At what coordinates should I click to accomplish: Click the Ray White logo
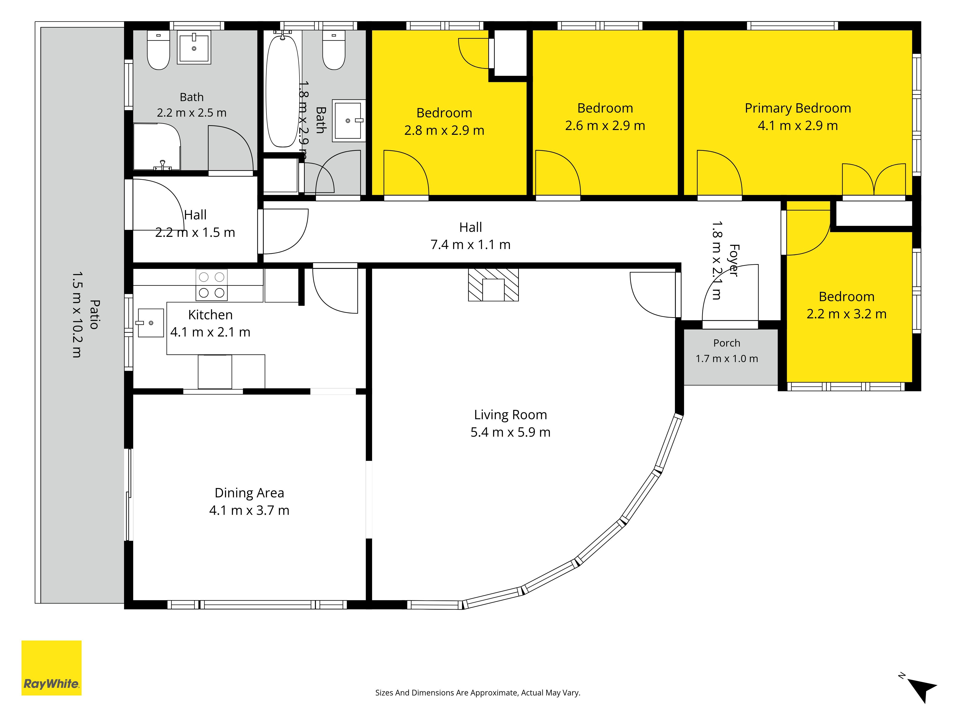click(x=51, y=668)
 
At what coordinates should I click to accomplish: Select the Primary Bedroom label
click(x=798, y=108)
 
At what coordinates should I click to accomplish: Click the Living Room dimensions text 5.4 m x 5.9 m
click(x=511, y=432)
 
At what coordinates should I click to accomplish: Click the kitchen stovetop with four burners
click(x=211, y=285)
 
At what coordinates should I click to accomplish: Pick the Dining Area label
click(x=249, y=493)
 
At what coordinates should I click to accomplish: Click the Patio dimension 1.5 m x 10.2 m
click(x=76, y=315)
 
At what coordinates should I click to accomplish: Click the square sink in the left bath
click(x=194, y=48)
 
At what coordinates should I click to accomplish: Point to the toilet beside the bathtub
click(x=334, y=50)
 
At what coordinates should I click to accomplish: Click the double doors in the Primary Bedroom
click(x=874, y=179)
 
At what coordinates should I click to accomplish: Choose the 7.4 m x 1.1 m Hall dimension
click(x=471, y=245)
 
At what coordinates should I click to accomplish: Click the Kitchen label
click(x=211, y=315)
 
